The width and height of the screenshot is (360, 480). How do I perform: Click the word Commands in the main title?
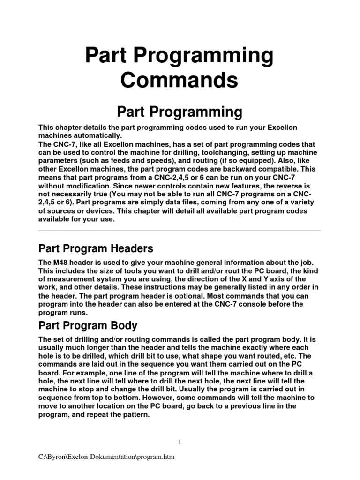(x=180, y=80)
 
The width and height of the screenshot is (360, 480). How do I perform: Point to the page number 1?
(x=180, y=442)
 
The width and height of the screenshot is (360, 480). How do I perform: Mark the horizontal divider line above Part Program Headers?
(x=180, y=230)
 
